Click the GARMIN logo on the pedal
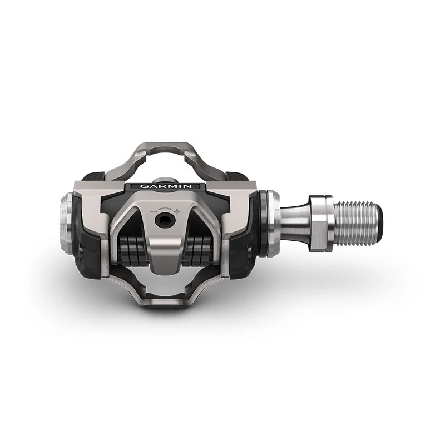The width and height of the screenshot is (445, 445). [166, 186]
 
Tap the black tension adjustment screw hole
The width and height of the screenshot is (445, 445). [162, 219]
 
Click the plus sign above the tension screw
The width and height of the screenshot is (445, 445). [177, 211]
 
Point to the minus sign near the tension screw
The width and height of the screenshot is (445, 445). [154, 211]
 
